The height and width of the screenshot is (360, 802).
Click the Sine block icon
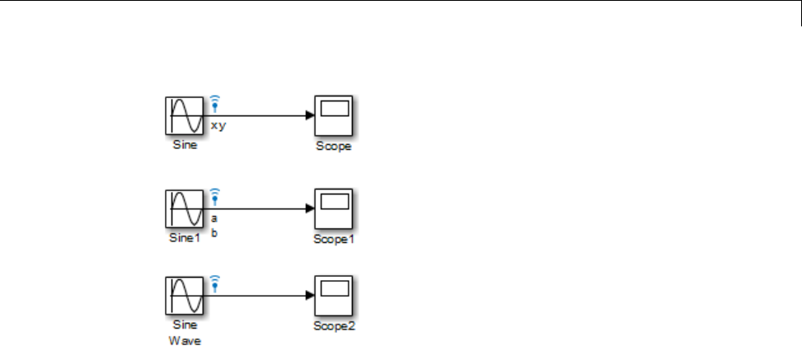[185, 116]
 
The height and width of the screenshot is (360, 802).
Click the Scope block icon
[334, 116]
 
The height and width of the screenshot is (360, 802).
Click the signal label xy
[218, 126]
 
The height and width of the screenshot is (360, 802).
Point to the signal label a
[214, 219]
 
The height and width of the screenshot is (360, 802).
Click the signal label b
[214, 232]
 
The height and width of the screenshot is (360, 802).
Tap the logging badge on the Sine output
[215, 103]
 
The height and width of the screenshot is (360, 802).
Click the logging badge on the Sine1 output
[215, 196]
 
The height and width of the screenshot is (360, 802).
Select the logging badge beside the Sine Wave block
[215, 283]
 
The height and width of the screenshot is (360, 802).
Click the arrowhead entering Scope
[309, 116]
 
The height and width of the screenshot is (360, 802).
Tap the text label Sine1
[185, 239]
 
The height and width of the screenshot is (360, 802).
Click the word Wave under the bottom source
[185, 339]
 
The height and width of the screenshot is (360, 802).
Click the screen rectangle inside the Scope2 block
[334, 288]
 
